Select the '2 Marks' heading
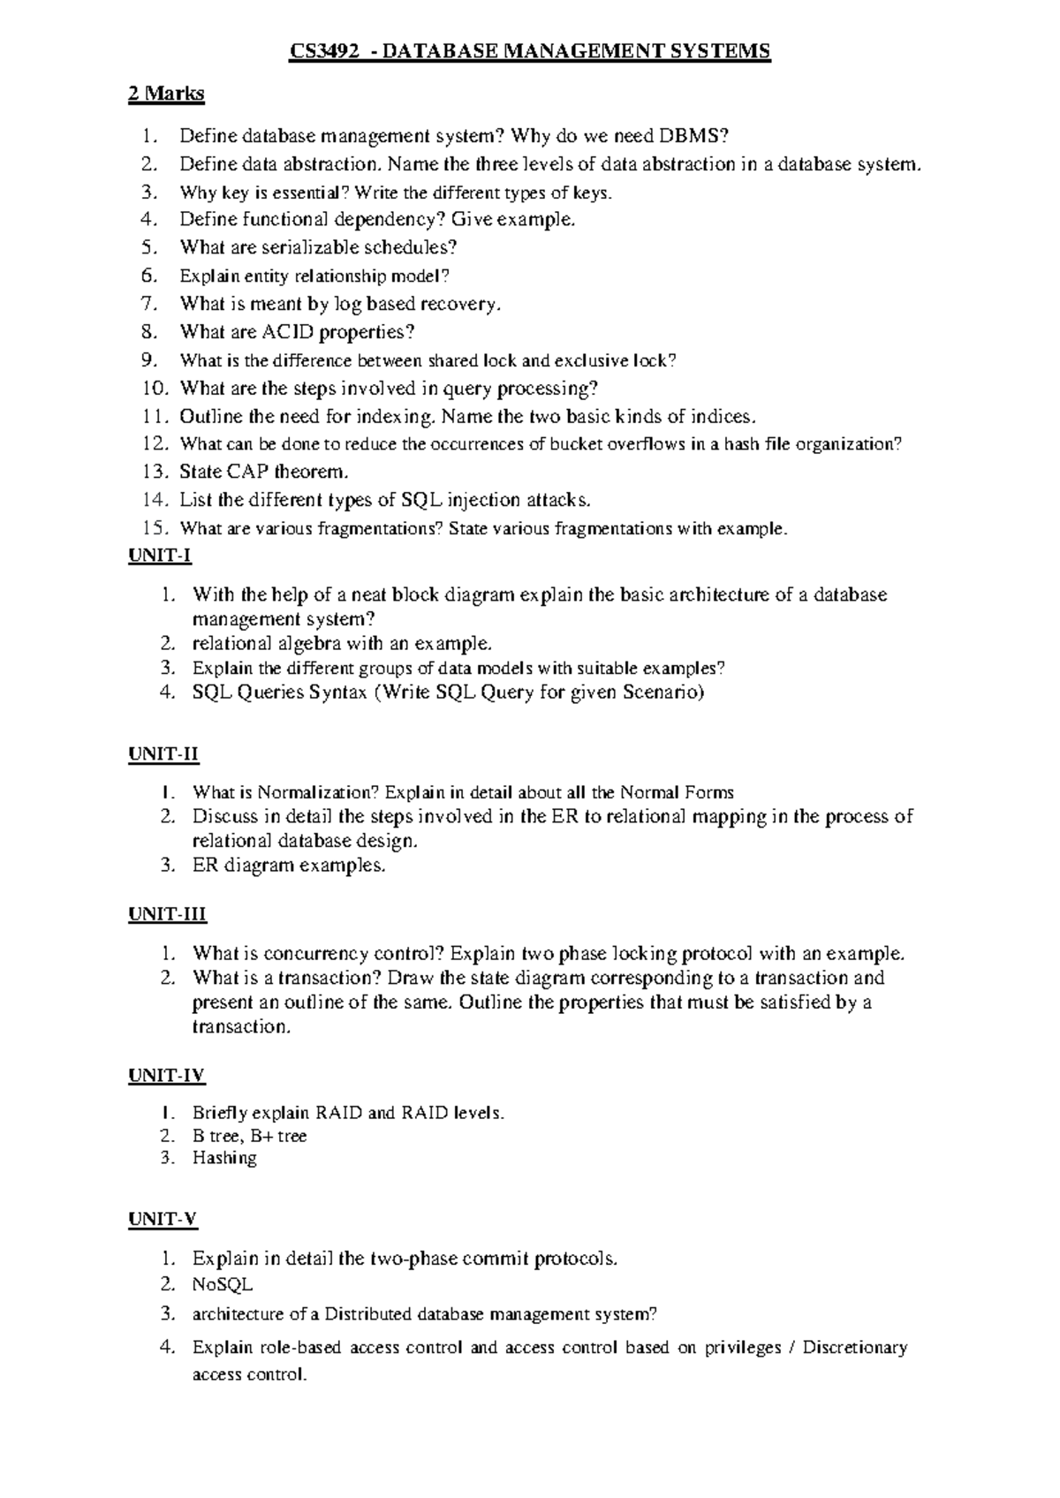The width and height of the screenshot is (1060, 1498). (x=166, y=93)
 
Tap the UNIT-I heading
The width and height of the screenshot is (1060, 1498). (x=159, y=556)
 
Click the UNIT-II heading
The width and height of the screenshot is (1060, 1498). (x=163, y=754)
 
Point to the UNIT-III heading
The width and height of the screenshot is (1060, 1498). (x=167, y=914)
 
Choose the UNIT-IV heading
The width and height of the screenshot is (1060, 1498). (x=166, y=1075)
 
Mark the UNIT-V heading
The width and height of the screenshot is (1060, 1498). (x=163, y=1220)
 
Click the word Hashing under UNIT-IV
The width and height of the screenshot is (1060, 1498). (x=224, y=1158)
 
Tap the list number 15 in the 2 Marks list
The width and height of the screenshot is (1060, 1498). (x=154, y=528)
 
